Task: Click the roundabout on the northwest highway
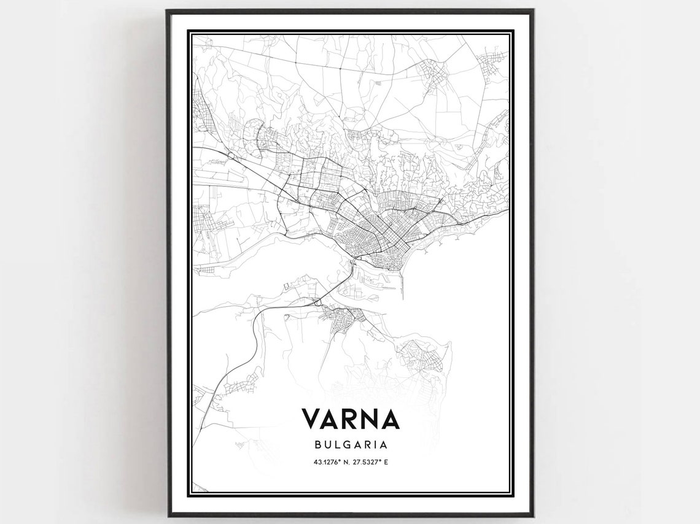(x=231, y=157)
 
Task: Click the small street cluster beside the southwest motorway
(x=236, y=386)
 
